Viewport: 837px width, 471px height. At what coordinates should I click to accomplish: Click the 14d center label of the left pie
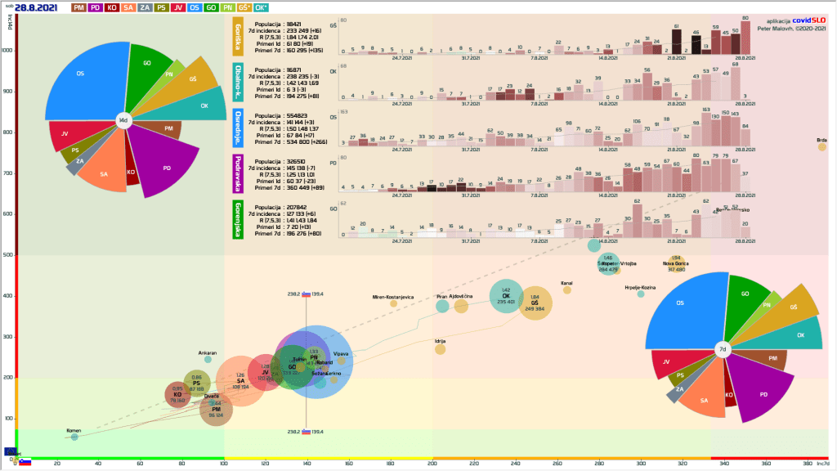point(123,120)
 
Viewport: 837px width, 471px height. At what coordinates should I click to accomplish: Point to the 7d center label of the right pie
point(723,350)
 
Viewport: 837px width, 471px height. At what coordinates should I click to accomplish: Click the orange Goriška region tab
point(237,37)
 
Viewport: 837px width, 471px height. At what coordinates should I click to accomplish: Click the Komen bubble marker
point(74,437)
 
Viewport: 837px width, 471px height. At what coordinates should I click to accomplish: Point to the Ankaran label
point(208,353)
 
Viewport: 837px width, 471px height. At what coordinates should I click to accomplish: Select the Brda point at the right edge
point(822,147)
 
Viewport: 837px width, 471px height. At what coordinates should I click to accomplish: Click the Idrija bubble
point(440,349)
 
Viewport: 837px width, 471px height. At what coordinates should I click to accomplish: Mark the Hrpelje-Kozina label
point(641,288)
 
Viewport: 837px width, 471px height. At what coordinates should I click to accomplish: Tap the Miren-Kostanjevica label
point(394,296)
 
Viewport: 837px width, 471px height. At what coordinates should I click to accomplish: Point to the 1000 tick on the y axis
point(8,50)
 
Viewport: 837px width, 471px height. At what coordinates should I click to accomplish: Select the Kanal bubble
point(566,290)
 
